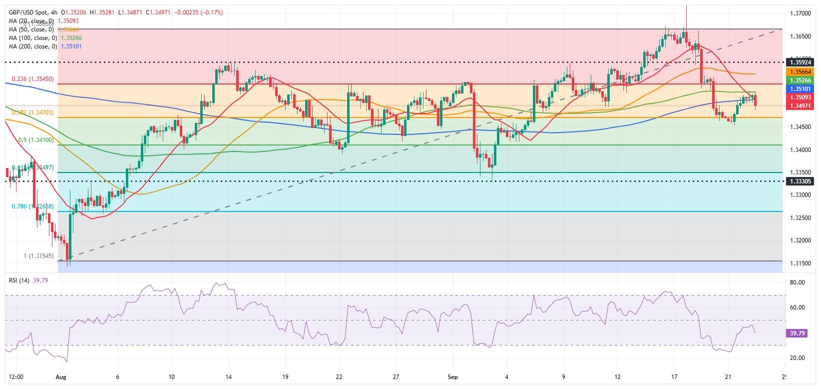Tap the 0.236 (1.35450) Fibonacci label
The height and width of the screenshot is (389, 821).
(32, 79)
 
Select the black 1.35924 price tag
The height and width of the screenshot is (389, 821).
(801, 63)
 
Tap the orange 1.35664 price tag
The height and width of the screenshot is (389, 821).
(801, 72)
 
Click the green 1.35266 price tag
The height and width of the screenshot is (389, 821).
(801, 80)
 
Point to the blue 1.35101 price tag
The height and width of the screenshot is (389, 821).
(801, 89)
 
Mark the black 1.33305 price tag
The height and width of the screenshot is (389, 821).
(801, 181)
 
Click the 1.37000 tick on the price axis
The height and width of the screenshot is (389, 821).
(801, 13)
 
